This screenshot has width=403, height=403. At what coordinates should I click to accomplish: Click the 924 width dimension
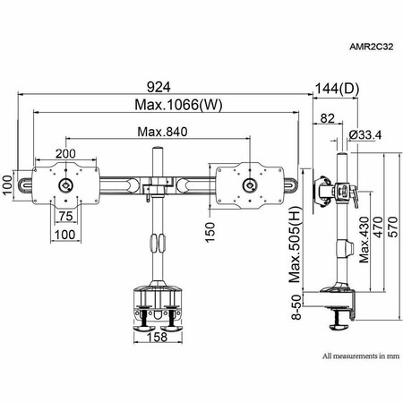(x=166, y=88)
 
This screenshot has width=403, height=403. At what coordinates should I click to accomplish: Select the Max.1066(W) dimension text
(x=167, y=105)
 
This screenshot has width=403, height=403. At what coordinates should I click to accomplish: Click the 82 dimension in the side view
(x=328, y=117)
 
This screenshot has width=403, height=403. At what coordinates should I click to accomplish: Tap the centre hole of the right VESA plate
(x=248, y=185)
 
